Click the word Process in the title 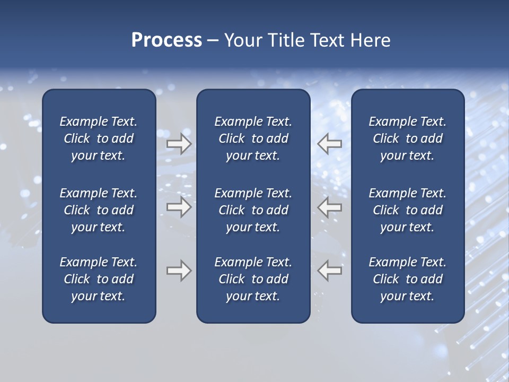pyautogui.click(x=166, y=40)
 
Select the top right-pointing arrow pyautogui.click(x=179, y=143)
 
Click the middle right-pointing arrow pyautogui.click(x=179, y=207)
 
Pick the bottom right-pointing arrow pyautogui.click(x=179, y=271)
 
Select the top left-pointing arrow pyautogui.click(x=329, y=143)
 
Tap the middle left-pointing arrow pyautogui.click(x=329, y=207)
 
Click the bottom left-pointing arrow pyautogui.click(x=329, y=271)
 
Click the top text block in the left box pyautogui.click(x=99, y=138)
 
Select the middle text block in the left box pyautogui.click(x=99, y=210)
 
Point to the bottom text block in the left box pyautogui.click(x=99, y=279)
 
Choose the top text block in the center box pyautogui.click(x=253, y=138)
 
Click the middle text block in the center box pyautogui.click(x=253, y=210)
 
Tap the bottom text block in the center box pyautogui.click(x=253, y=279)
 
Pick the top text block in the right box pyautogui.click(x=407, y=138)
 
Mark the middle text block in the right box pyautogui.click(x=407, y=210)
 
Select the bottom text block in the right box pyautogui.click(x=407, y=279)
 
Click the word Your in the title pyautogui.click(x=242, y=40)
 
